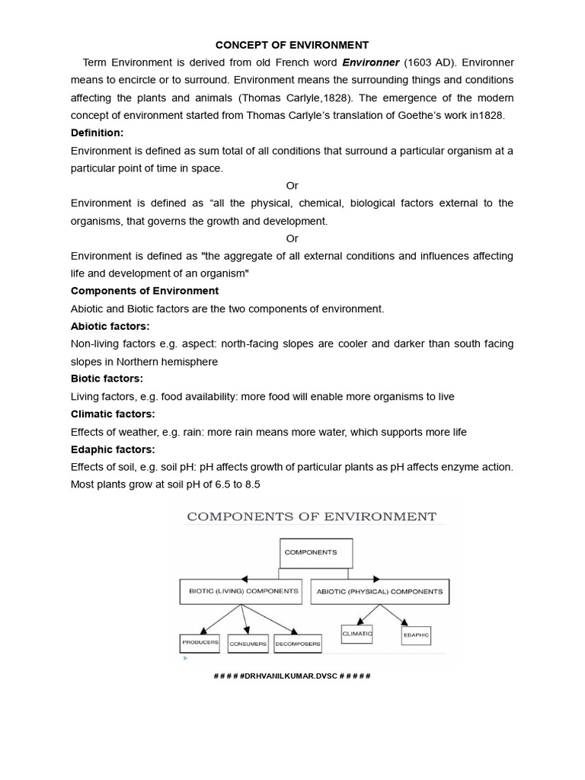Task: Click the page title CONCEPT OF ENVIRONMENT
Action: click(x=292, y=45)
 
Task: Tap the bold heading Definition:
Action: click(x=97, y=133)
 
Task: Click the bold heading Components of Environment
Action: click(x=145, y=291)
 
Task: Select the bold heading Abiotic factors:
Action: click(x=110, y=326)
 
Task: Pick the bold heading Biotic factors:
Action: click(x=107, y=379)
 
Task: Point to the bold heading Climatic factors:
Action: click(x=112, y=414)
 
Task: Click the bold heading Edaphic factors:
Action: click(x=113, y=449)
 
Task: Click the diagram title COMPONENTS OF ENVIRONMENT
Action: click(x=312, y=516)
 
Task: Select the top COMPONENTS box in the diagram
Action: click(x=314, y=552)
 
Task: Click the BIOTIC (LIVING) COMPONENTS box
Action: click(x=239, y=591)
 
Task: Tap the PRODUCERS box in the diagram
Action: click(x=200, y=642)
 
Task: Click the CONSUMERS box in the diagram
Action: click(x=248, y=644)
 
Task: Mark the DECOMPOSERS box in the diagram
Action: click(x=298, y=644)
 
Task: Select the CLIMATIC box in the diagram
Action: click(x=357, y=633)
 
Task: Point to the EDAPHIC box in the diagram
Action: click(x=416, y=635)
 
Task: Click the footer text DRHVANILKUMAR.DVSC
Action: click(x=292, y=676)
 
